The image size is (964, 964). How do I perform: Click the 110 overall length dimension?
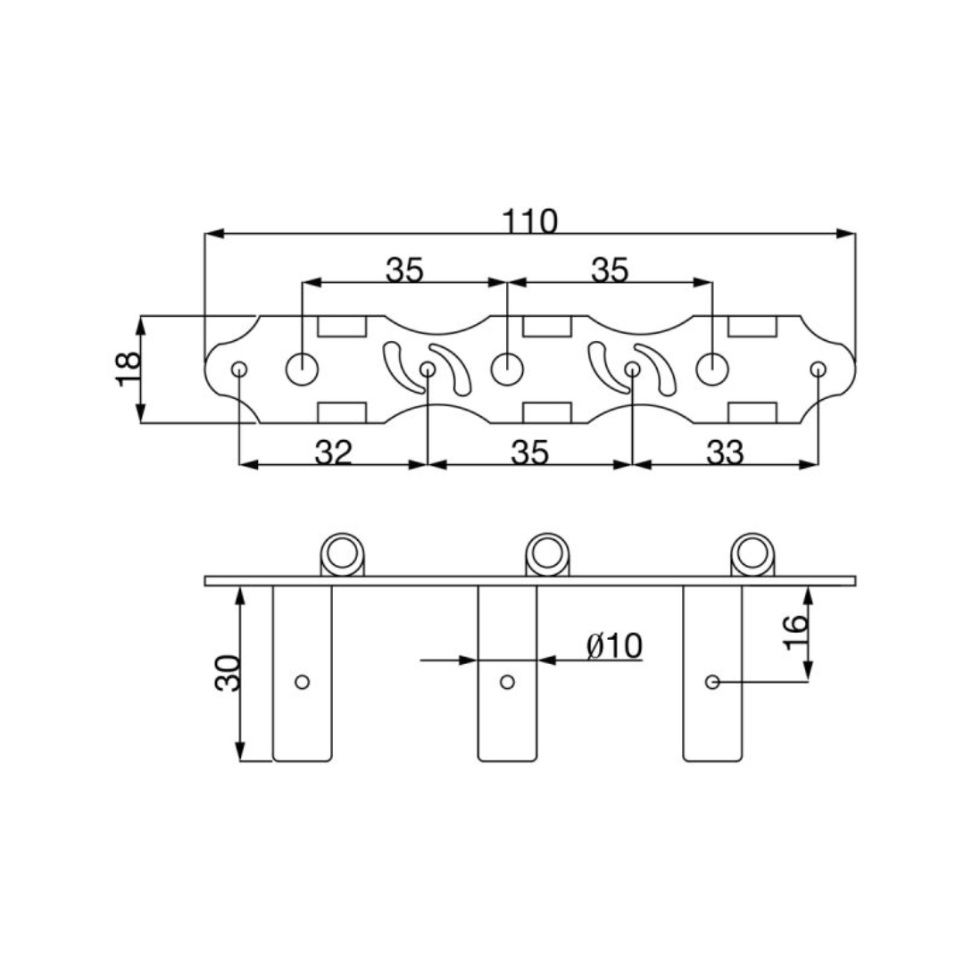pos(530,221)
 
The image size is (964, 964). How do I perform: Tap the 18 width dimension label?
pos(129,369)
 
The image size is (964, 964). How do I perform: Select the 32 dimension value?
pos(333,453)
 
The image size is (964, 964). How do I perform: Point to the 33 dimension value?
pos(725,453)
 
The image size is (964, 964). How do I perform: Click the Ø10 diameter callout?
pos(614,645)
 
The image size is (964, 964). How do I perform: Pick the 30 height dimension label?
pos(228,673)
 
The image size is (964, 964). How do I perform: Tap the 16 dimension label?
pos(795,632)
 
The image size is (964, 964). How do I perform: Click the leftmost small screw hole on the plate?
pos(239,370)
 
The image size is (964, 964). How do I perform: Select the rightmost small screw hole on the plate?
pos(819,370)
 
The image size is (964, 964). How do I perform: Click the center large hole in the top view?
pos(507,370)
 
